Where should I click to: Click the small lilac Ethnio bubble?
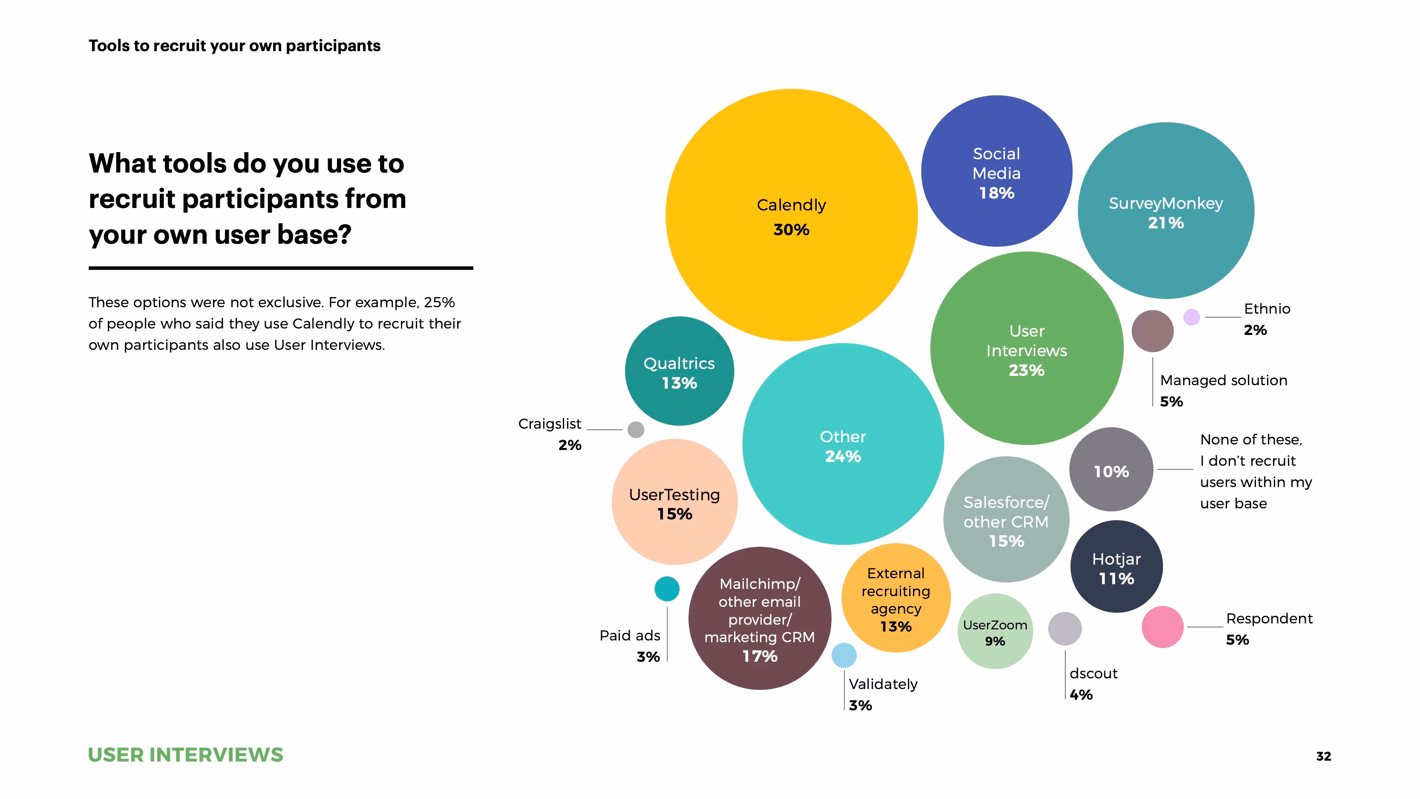(1191, 317)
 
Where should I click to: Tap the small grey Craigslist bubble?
(636, 430)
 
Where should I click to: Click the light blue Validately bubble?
(844, 655)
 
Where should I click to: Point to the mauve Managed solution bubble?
(1152, 331)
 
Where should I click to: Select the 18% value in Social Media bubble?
(996, 193)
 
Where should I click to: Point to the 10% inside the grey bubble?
(1111, 471)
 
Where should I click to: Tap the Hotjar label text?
(1116, 559)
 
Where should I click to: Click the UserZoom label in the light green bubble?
(994, 625)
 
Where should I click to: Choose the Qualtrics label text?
(679, 363)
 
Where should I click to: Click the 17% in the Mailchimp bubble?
(760, 656)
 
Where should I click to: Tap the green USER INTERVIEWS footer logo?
(185, 754)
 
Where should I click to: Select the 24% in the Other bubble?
(842, 456)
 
